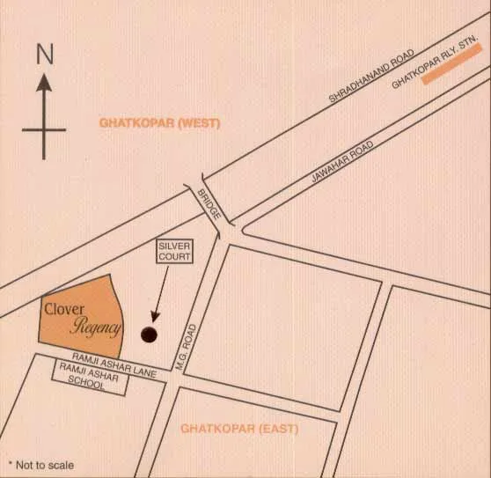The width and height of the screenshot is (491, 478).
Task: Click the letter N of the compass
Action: (45, 53)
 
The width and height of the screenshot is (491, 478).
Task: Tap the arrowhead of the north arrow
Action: (44, 82)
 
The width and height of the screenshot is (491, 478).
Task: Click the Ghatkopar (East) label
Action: (239, 429)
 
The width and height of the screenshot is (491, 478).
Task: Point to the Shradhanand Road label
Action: (371, 76)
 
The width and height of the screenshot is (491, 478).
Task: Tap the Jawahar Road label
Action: (344, 160)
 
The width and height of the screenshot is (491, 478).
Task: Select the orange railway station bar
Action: (451, 66)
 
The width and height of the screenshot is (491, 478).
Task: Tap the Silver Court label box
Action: (174, 251)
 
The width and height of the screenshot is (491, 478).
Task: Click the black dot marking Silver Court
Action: (149, 335)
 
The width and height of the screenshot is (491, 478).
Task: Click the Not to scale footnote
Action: (45, 465)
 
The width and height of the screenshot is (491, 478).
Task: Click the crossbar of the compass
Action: (44, 130)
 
